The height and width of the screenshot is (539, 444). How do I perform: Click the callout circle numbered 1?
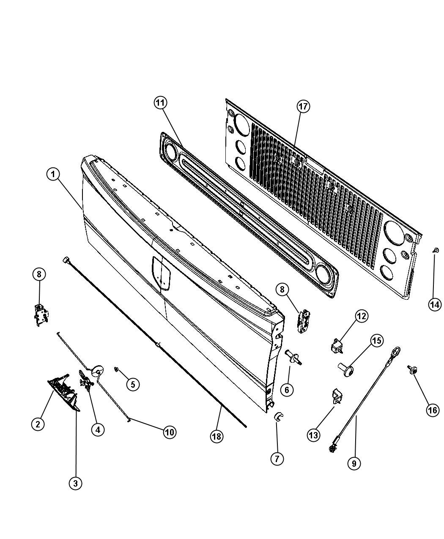click(x=53, y=174)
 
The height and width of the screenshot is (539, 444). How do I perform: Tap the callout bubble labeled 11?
click(x=160, y=103)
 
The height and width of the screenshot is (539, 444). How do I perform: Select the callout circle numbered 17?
click(x=303, y=107)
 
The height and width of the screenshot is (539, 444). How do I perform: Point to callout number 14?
click(x=435, y=305)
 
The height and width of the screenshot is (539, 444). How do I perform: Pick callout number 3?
click(x=75, y=483)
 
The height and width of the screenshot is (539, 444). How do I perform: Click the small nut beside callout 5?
click(x=116, y=370)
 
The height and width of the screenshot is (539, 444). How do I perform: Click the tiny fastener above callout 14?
click(x=436, y=250)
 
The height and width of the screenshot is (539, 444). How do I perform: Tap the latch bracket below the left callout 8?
click(x=41, y=315)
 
